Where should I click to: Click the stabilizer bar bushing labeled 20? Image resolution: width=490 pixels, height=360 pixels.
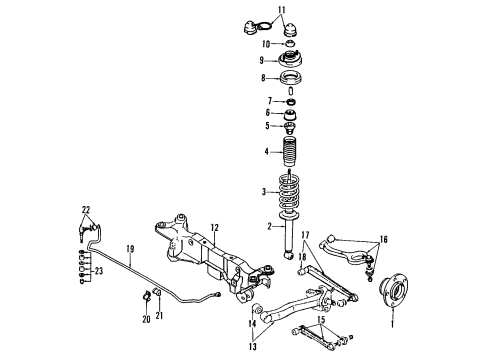pos(146,297)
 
